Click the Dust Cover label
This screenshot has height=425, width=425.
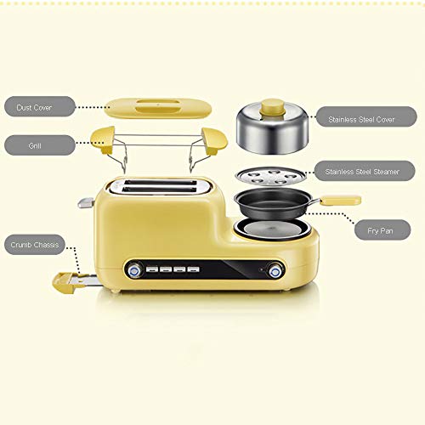40,106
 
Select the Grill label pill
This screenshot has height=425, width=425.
40,145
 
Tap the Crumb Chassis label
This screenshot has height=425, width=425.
35,245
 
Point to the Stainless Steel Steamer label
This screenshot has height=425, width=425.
365,171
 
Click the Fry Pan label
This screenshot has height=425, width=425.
382,229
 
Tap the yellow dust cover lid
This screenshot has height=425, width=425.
158,108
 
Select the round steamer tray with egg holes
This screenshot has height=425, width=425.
270,176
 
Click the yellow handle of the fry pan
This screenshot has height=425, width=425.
340,201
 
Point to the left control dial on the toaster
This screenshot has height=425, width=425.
134,271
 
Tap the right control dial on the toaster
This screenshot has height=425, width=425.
275,271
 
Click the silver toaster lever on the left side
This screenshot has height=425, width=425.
86,203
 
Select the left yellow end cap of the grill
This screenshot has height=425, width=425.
103,140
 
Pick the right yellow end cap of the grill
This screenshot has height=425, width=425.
215,140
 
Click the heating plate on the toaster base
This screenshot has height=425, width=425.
272,229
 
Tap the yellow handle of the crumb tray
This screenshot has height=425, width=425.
65,283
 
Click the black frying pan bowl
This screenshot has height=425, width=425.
274,203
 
